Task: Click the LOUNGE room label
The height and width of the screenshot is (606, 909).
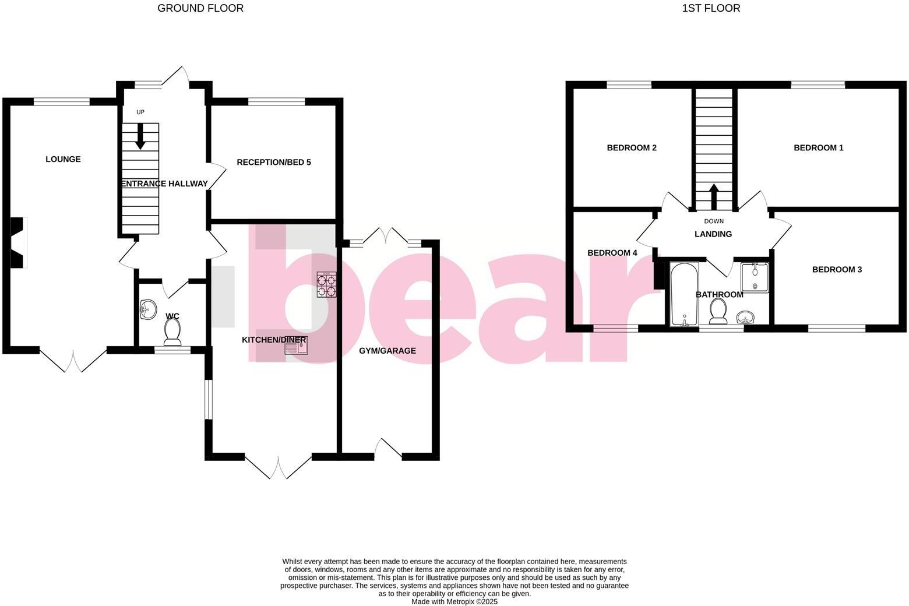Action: tap(63, 159)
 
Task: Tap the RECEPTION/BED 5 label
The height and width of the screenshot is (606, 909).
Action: tap(273, 162)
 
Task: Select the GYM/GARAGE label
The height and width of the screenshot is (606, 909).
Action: tap(387, 351)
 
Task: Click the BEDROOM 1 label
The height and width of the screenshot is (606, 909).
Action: tap(818, 148)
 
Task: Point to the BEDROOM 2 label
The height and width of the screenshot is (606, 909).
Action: tap(632, 148)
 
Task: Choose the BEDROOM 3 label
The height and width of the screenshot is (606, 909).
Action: tap(837, 270)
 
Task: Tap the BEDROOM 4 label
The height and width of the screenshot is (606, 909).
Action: tap(612, 253)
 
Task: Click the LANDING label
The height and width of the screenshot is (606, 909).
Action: tap(713, 234)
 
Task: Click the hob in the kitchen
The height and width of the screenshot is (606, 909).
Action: tap(327, 285)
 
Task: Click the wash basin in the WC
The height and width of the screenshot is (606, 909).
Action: tap(148, 310)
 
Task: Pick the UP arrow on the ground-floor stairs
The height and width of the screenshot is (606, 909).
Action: tap(140, 138)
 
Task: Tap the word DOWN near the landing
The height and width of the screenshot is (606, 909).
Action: tap(713, 221)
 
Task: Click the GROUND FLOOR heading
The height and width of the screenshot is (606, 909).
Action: tap(200, 8)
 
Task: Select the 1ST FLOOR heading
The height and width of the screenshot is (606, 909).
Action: tap(711, 8)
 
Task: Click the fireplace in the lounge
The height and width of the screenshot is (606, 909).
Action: tap(19, 242)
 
